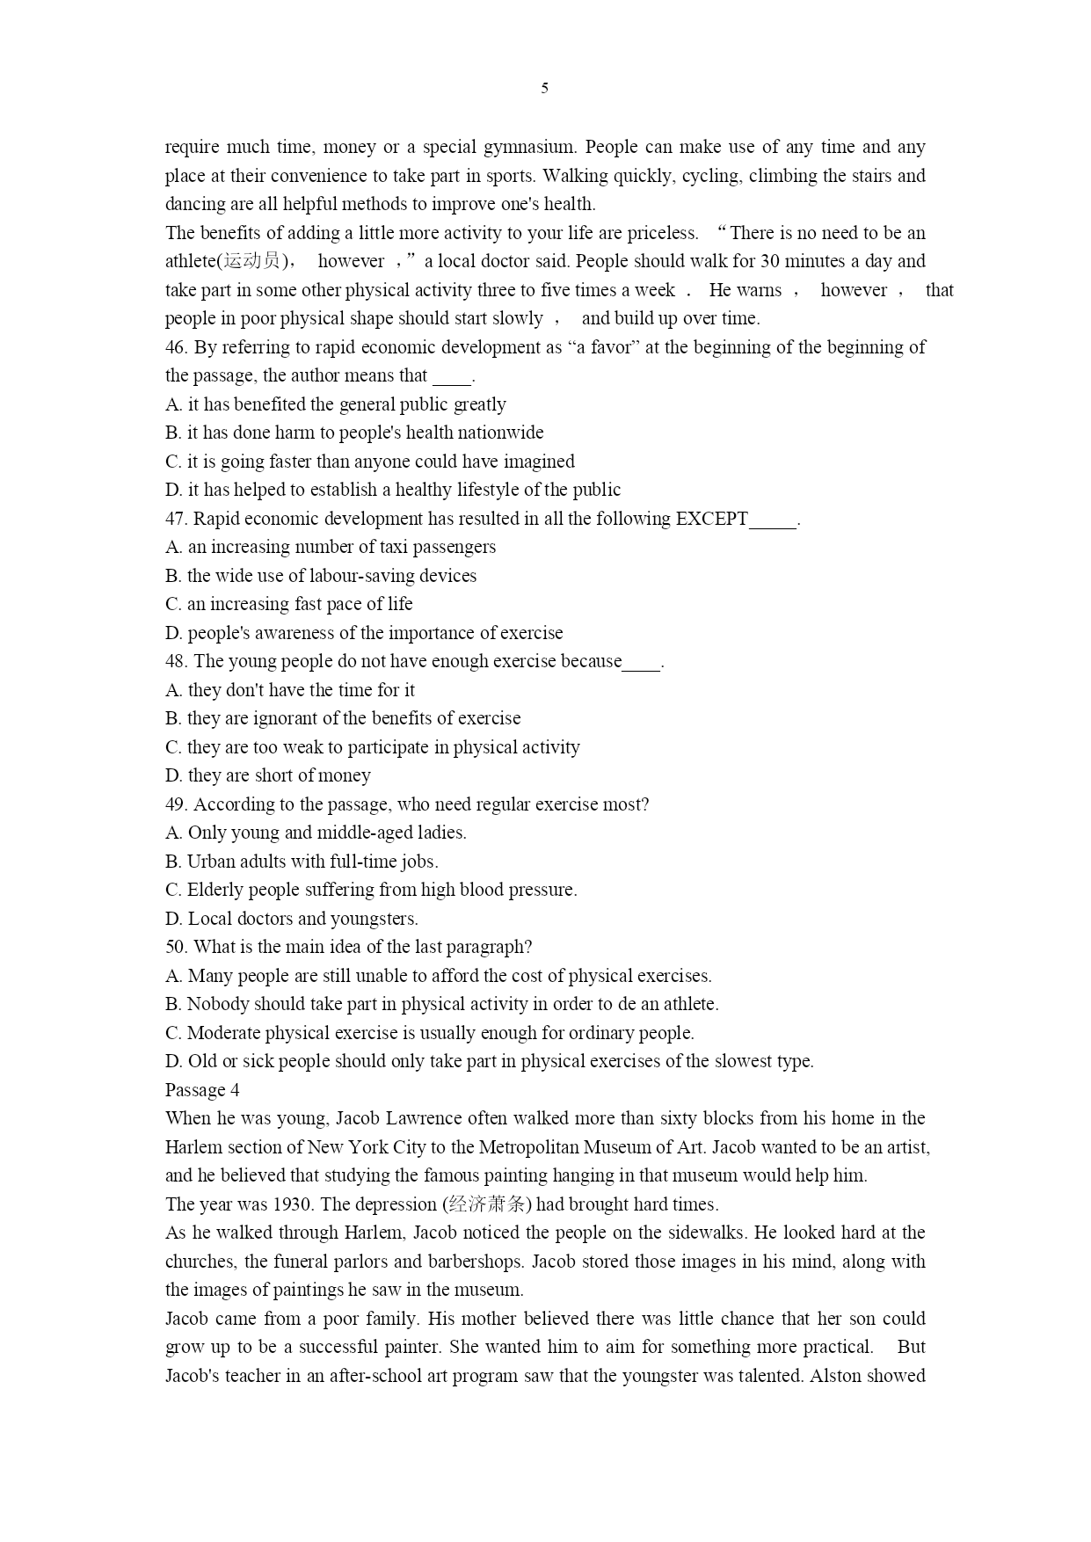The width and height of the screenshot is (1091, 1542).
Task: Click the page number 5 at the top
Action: point(545,88)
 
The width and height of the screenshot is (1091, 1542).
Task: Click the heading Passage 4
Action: point(202,1090)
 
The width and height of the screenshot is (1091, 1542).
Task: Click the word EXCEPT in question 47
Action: point(711,519)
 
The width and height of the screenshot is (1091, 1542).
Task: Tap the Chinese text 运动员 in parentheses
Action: point(251,261)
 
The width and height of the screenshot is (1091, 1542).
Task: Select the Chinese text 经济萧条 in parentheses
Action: point(486,1204)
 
